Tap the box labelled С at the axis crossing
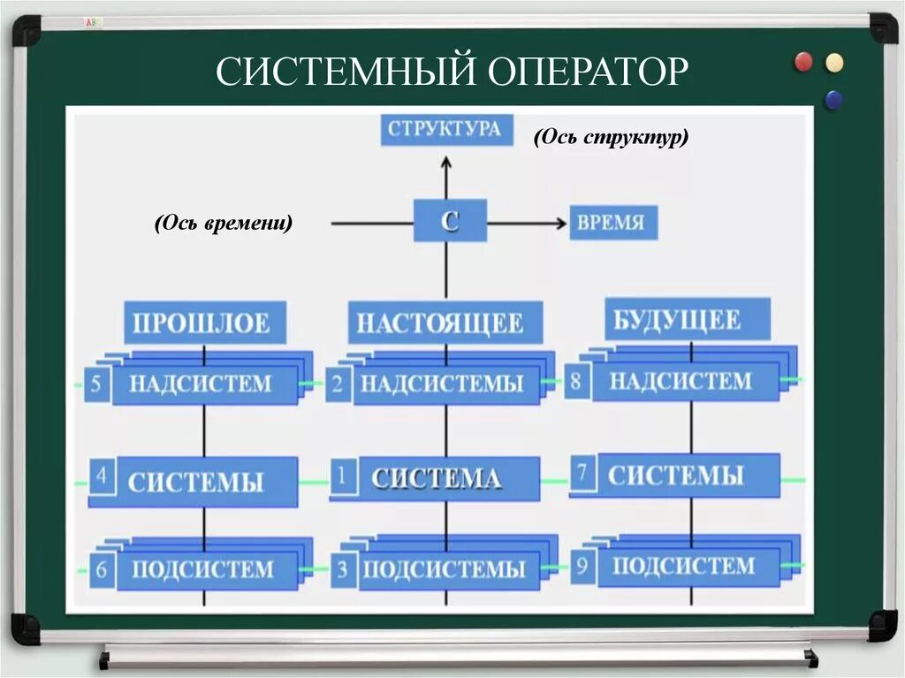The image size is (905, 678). [x=450, y=221]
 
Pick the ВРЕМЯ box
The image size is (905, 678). [x=612, y=223]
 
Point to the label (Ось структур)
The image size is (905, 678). [x=611, y=138]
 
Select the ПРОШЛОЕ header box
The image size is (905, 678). [x=202, y=323]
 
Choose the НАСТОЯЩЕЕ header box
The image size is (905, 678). [x=439, y=324]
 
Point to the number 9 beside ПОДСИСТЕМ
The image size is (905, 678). [x=581, y=567]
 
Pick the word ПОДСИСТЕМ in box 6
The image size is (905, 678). [x=202, y=568]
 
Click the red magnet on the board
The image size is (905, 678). [x=803, y=61]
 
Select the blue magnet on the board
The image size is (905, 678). [x=832, y=98]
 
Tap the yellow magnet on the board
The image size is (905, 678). [x=833, y=63]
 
